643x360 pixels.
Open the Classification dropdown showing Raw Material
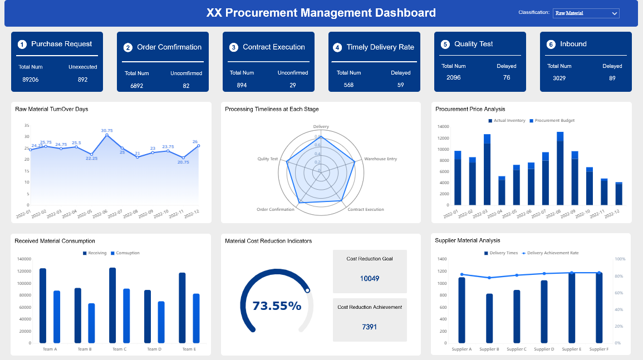click(x=586, y=13)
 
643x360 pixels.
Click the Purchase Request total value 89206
click(x=30, y=80)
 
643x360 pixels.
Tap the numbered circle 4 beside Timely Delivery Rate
click(x=337, y=47)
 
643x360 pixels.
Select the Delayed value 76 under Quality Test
click(x=506, y=77)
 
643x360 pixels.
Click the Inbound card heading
click(x=573, y=44)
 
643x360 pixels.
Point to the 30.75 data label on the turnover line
click(x=106, y=130)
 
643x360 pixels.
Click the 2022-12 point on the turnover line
click(x=198, y=146)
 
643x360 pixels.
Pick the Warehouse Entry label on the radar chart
click(x=380, y=159)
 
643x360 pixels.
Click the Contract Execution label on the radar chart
click(x=365, y=210)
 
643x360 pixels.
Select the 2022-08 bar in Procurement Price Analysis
click(x=560, y=169)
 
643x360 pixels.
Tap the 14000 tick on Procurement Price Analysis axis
click(x=443, y=126)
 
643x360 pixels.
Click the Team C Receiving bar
click(x=112, y=305)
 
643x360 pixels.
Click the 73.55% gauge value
click(x=277, y=305)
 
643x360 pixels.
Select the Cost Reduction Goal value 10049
click(x=370, y=278)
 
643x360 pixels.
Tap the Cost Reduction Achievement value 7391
click(x=370, y=327)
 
